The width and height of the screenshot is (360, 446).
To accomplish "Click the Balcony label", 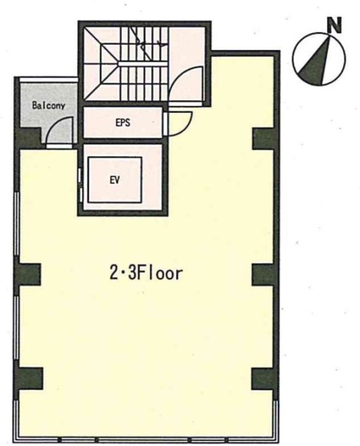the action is (x=49, y=106).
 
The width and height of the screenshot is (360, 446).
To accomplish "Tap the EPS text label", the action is (x=123, y=123).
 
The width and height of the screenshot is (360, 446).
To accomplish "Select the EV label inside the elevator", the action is (x=114, y=180).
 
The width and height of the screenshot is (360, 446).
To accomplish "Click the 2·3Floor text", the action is (x=146, y=273).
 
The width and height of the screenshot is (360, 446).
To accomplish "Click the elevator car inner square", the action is (x=114, y=180).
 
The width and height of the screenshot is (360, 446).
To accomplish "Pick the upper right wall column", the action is (x=264, y=139).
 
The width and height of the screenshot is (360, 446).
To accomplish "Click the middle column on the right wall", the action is (x=264, y=275).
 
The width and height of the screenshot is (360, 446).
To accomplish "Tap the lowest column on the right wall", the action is (x=264, y=378).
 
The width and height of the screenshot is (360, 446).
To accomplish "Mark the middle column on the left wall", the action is (x=29, y=275).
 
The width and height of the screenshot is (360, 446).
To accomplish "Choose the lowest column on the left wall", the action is (x=31, y=378).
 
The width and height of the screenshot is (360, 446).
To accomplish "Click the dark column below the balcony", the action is (x=29, y=139).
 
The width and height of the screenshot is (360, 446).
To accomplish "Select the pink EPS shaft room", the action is (x=123, y=123).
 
